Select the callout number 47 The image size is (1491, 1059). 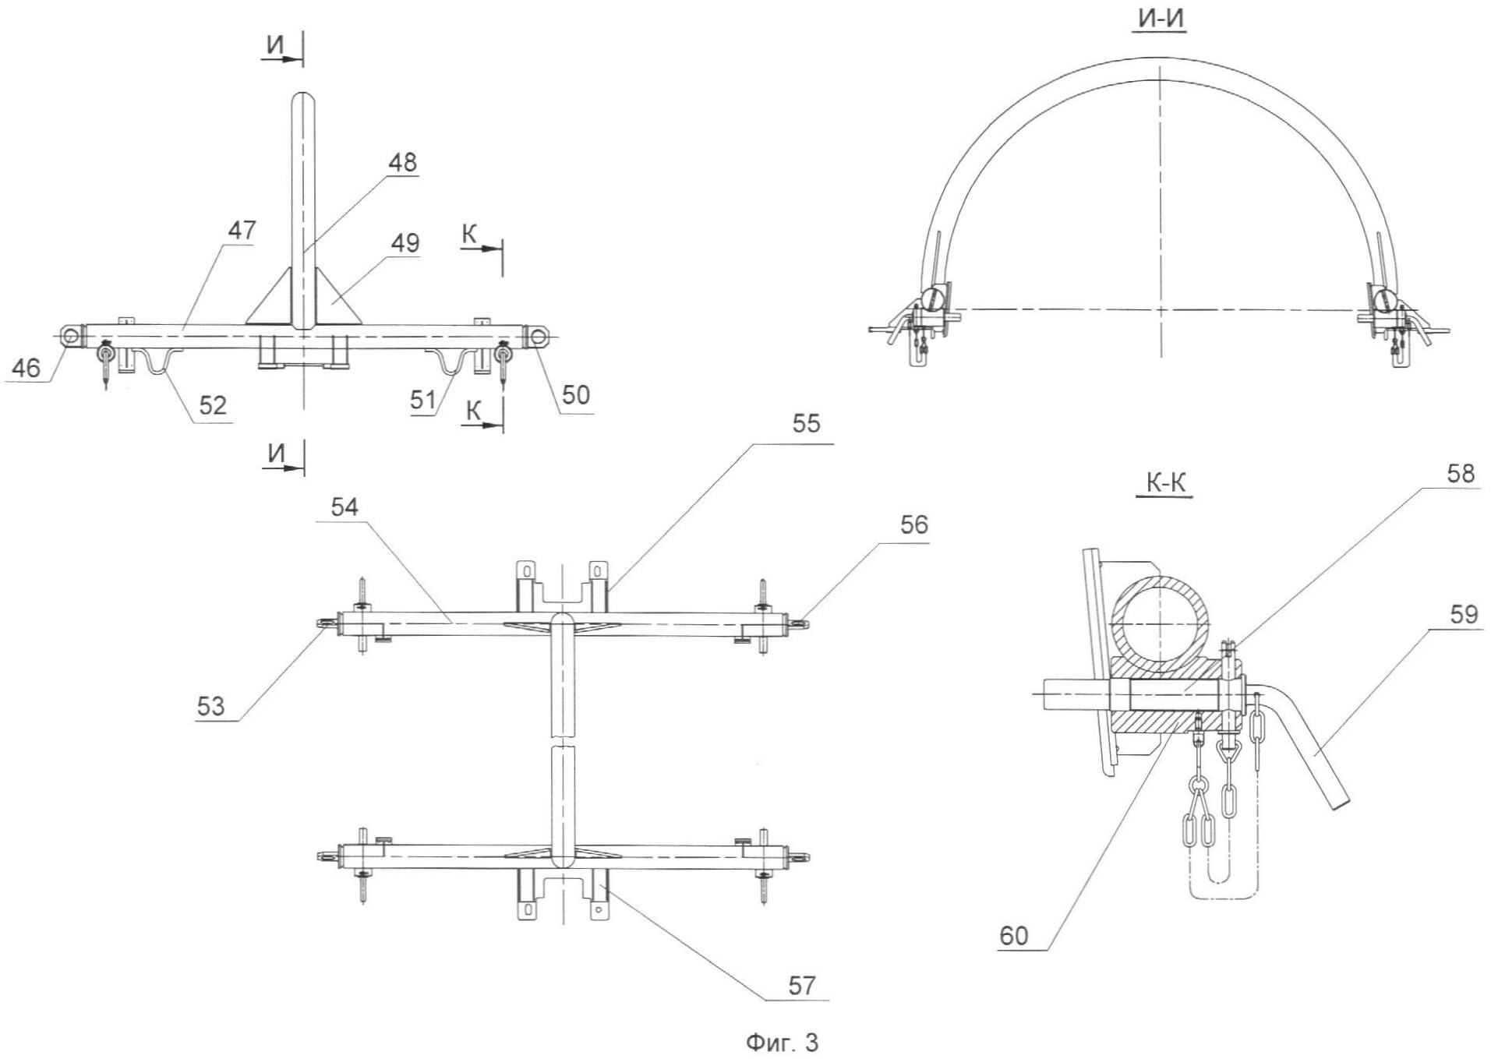pyautogui.click(x=242, y=231)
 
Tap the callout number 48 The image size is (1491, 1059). pyautogui.click(x=402, y=163)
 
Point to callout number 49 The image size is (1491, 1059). pyautogui.click(x=405, y=243)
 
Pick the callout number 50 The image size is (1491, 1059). pyautogui.click(x=576, y=395)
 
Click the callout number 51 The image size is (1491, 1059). pyautogui.click(x=423, y=401)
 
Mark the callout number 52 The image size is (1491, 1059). pyautogui.click(x=212, y=405)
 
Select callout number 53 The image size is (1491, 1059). pyautogui.click(x=210, y=707)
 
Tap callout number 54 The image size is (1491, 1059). pyautogui.click(x=344, y=507)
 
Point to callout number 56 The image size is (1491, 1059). pyautogui.click(x=914, y=525)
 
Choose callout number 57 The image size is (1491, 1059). pyautogui.click(x=801, y=986)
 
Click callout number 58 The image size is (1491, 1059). pyautogui.click(x=1461, y=474)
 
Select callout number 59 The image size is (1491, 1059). pyautogui.click(x=1464, y=615)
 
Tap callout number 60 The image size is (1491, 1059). pyautogui.click(x=1014, y=936)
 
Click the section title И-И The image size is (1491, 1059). pyautogui.click(x=1162, y=19)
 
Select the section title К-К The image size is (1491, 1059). pyautogui.click(x=1165, y=484)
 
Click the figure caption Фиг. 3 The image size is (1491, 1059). pyautogui.click(x=783, y=1043)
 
